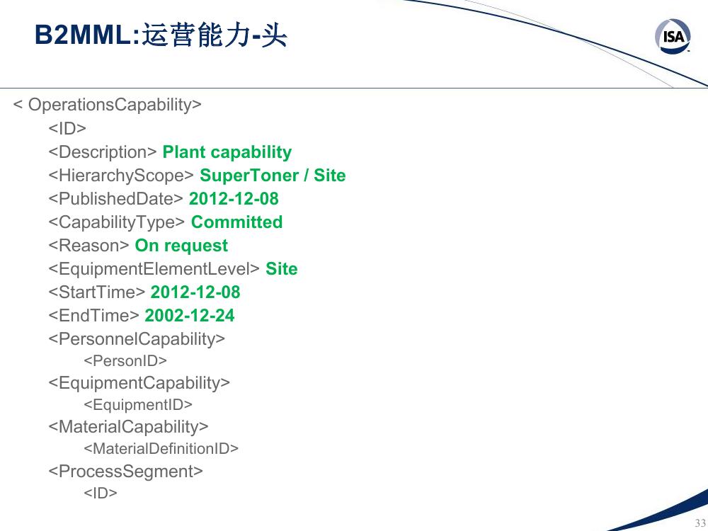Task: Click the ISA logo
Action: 673,36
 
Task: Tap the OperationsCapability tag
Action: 108,104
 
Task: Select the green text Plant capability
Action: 227,152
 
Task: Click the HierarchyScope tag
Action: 121,176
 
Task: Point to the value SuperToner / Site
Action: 273,175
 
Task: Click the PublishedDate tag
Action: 115,199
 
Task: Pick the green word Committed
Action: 236,222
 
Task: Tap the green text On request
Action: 181,246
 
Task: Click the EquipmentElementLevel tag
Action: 154,268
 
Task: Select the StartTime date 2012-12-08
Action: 195,292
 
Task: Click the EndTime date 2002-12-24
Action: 189,316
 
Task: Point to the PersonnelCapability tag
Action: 137,339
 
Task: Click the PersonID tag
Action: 125,361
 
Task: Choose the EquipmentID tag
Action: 138,404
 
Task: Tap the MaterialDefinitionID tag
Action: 161,448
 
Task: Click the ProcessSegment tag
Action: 125,472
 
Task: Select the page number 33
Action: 700,523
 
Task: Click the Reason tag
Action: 88,246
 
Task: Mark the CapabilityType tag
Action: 117,222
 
